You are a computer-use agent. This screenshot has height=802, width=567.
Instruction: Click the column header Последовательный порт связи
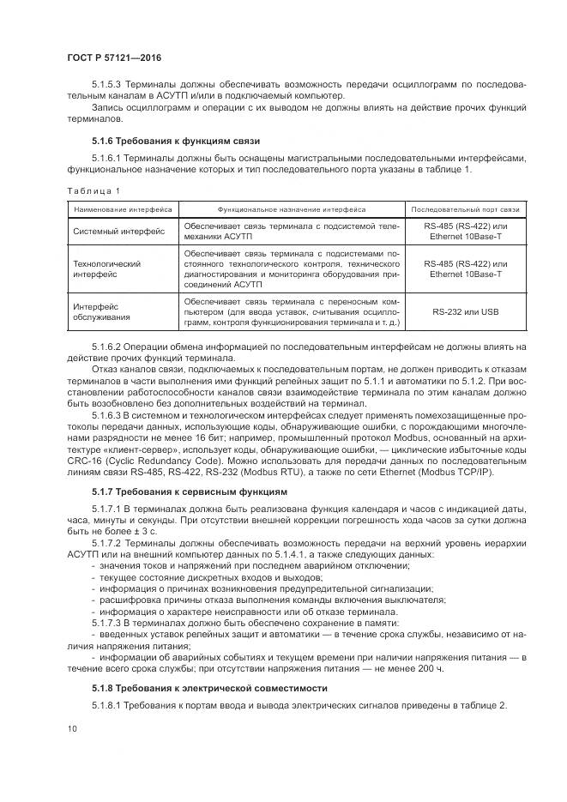click(x=465, y=208)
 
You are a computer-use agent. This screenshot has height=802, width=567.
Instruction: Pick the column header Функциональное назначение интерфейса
click(x=292, y=208)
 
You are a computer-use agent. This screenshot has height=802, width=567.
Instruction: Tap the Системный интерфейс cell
click(x=119, y=232)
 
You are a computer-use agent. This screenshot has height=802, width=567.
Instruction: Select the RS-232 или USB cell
click(x=465, y=312)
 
